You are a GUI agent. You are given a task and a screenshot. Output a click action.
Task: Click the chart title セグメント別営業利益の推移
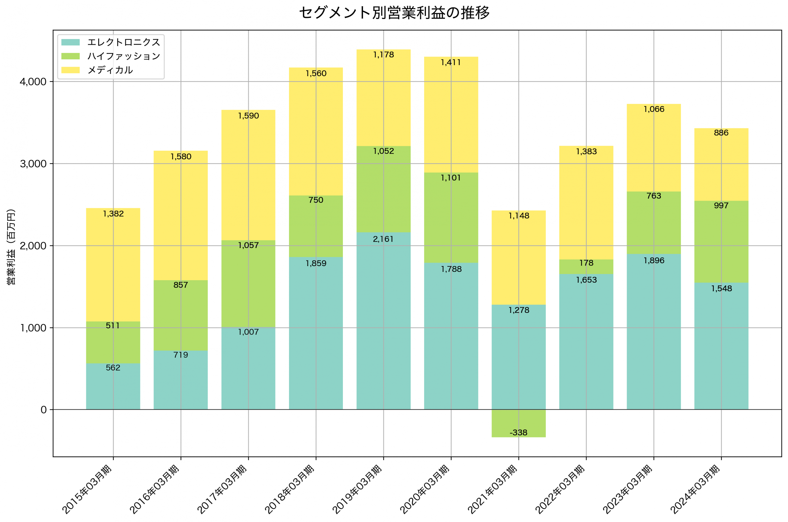tap(394, 13)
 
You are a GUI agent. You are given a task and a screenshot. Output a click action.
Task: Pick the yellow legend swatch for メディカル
tap(70, 70)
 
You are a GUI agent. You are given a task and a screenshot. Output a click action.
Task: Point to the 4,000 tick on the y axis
tap(33, 82)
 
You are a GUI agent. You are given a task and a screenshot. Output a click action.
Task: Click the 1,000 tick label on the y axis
tap(33, 328)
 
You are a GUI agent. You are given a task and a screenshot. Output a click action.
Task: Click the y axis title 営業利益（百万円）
tap(11, 247)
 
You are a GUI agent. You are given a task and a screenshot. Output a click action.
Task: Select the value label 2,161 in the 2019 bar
tap(383, 239)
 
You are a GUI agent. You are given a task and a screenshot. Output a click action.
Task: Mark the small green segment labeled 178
tap(586, 267)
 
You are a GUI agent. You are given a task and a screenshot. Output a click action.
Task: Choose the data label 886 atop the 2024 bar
tap(721, 133)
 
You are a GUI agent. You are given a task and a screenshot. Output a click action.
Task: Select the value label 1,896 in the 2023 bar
tap(654, 260)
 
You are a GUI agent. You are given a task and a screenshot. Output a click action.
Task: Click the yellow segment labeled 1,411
tap(451, 115)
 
